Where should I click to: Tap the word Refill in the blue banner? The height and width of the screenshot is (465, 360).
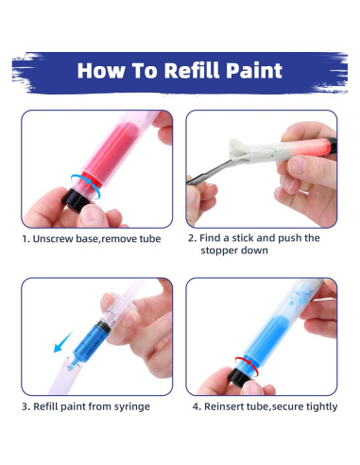(x=179, y=71)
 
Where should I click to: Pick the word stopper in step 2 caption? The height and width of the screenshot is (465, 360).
(x=223, y=251)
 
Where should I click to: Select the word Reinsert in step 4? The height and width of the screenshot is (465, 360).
(x=227, y=406)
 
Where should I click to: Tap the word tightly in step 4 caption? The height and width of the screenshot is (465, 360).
(x=317, y=406)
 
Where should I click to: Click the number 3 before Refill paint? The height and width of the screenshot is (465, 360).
(x=25, y=406)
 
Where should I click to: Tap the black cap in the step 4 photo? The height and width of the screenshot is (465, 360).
(x=240, y=378)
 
